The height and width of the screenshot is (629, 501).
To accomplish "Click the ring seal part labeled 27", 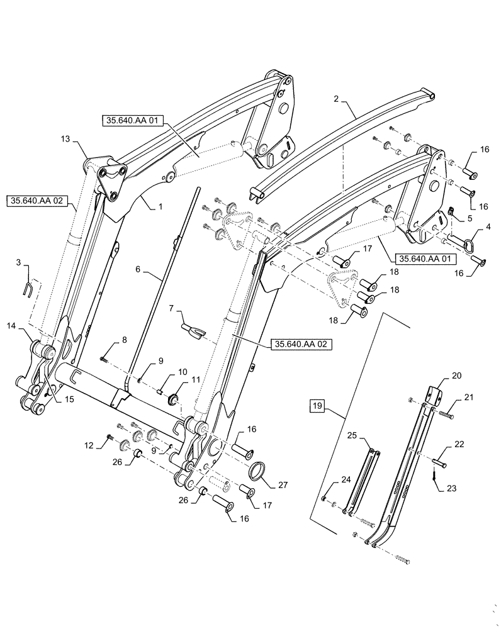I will pos(257,470).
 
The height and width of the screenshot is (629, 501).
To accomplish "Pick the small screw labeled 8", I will pos(104,358).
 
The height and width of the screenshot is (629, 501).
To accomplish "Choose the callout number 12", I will pos(90,445).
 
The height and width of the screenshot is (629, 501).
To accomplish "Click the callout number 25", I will pos(352,435).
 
